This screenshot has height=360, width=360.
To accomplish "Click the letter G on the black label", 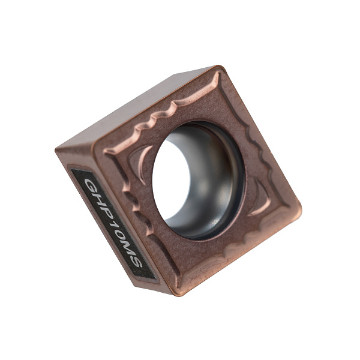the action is tap(91, 186).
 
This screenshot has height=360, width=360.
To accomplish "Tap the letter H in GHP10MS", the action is tap(98, 200).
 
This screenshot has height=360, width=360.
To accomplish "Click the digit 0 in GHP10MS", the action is tap(116, 235).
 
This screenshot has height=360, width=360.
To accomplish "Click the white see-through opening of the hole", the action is tap(170, 179).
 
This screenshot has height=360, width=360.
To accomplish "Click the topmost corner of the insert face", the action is tap(218, 67).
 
